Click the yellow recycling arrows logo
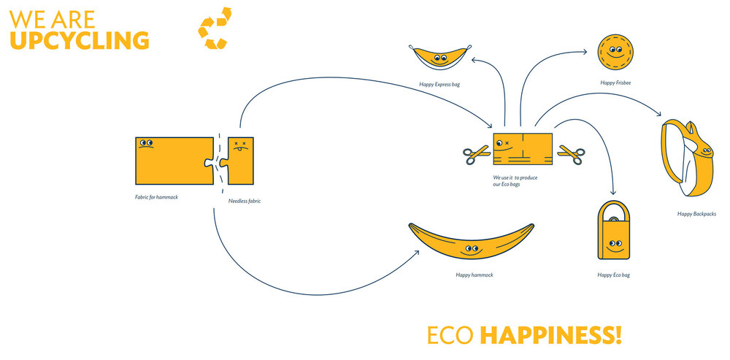point(215,28)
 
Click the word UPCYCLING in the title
point(80,40)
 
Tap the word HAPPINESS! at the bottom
point(551,335)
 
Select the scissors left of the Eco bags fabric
point(476,154)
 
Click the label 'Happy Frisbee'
point(615,83)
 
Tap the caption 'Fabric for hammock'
point(156,197)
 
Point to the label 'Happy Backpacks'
point(696,214)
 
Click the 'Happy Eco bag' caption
point(613,275)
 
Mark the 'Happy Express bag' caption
point(439,85)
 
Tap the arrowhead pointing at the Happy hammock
point(417,252)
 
